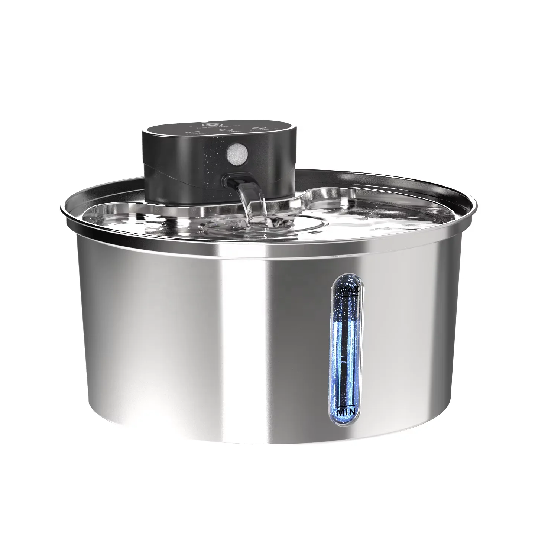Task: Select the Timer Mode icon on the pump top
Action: pyautogui.click(x=224, y=130)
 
